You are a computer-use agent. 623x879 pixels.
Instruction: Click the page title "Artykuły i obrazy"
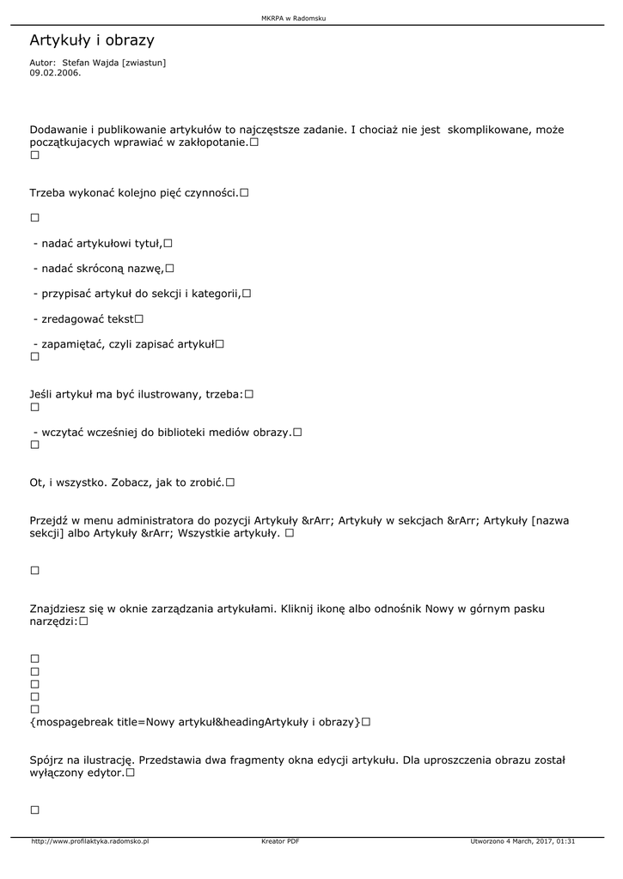92,40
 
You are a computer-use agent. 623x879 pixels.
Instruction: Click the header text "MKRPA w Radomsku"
293,18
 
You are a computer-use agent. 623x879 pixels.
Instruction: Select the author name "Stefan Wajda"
90,63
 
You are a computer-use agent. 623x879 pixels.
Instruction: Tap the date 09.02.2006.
55,73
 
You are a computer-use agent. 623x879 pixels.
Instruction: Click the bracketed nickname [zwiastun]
144,63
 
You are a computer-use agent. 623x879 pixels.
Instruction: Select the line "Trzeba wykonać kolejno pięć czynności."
134,194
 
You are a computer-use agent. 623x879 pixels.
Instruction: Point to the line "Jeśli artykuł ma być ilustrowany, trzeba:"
137,394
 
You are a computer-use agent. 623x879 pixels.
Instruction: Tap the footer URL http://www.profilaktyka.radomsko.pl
89,841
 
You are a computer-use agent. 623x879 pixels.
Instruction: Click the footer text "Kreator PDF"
280,841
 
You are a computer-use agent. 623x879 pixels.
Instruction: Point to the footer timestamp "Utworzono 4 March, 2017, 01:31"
522,841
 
